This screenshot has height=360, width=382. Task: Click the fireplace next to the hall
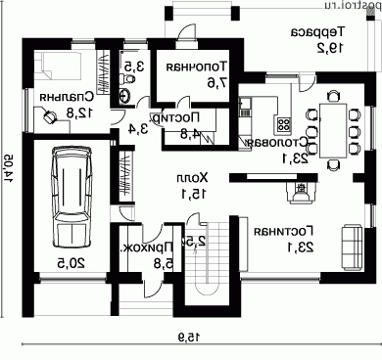[x=298, y=193]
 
